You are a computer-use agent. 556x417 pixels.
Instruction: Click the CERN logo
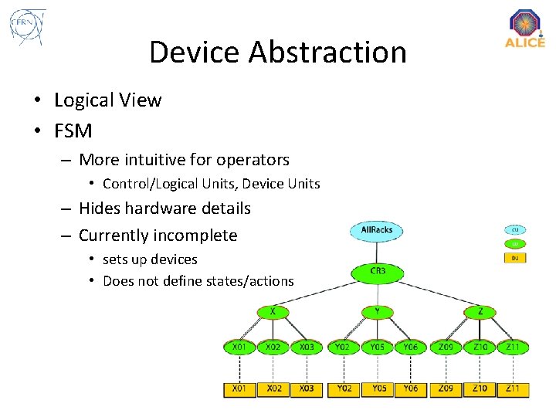27,28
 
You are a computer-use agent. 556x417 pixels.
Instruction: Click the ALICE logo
525,29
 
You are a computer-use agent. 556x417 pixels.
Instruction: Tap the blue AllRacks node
377,230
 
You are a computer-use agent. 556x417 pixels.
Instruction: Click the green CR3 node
378,272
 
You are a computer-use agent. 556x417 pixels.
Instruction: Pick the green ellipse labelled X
273,312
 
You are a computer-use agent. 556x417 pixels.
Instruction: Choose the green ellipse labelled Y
378,312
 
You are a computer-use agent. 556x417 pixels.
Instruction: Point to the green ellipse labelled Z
480,312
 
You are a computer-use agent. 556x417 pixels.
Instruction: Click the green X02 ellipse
273,347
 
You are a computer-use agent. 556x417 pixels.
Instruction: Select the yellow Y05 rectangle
378,388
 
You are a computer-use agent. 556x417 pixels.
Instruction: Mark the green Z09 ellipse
446,347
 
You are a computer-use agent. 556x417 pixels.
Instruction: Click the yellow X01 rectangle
239,388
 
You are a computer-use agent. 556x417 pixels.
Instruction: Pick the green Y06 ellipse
411,347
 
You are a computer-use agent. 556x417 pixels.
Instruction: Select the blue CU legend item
515,229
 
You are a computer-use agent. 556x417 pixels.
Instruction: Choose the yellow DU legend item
515,257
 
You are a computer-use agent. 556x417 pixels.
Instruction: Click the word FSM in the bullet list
73,131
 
